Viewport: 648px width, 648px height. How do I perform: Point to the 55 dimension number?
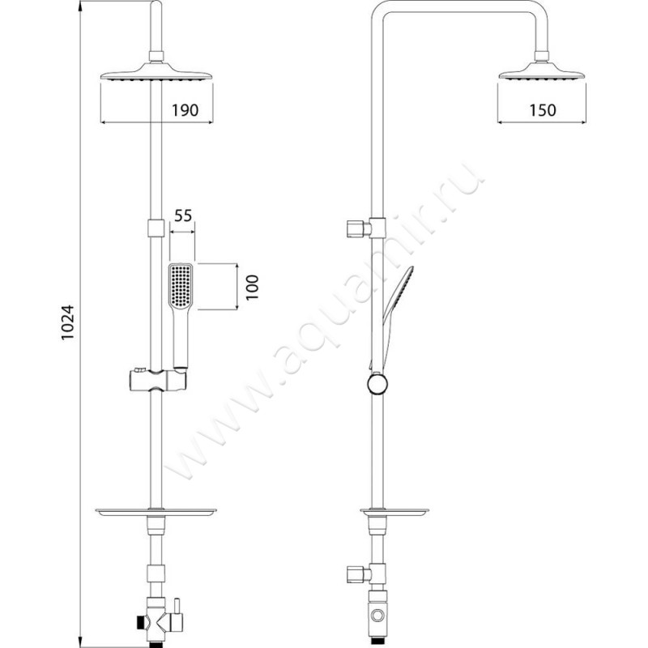pos(182,216)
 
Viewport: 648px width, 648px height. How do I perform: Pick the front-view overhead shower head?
pos(157,75)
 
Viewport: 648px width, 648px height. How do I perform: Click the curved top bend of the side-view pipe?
pos(381,18)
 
